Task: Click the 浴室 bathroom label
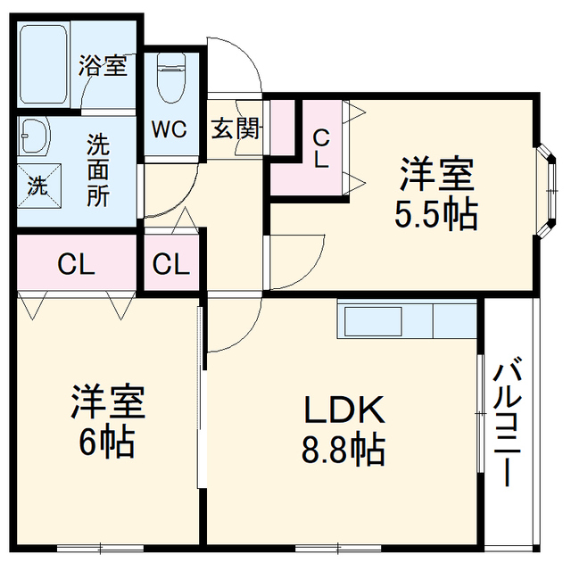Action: click(x=103, y=65)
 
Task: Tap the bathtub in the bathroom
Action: click(x=44, y=65)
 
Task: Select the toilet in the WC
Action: click(x=171, y=79)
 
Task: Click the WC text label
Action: click(x=170, y=128)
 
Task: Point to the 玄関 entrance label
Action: click(x=236, y=128)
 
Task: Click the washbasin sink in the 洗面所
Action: click(x=34, y=136)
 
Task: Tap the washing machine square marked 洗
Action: click(x=39, y=186)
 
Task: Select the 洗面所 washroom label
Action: click(x=98, y=170)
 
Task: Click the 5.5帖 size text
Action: click(x=436, y=215)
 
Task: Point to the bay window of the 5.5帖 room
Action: click(x=547, y=190)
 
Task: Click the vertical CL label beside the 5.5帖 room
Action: click(x=321, y=149)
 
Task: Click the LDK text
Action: click(x=344, y=410)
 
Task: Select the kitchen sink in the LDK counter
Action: click(x=373, y=321)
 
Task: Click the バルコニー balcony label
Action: click(x=508, y=421)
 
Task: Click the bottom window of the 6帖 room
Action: click(x=101, y=547)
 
